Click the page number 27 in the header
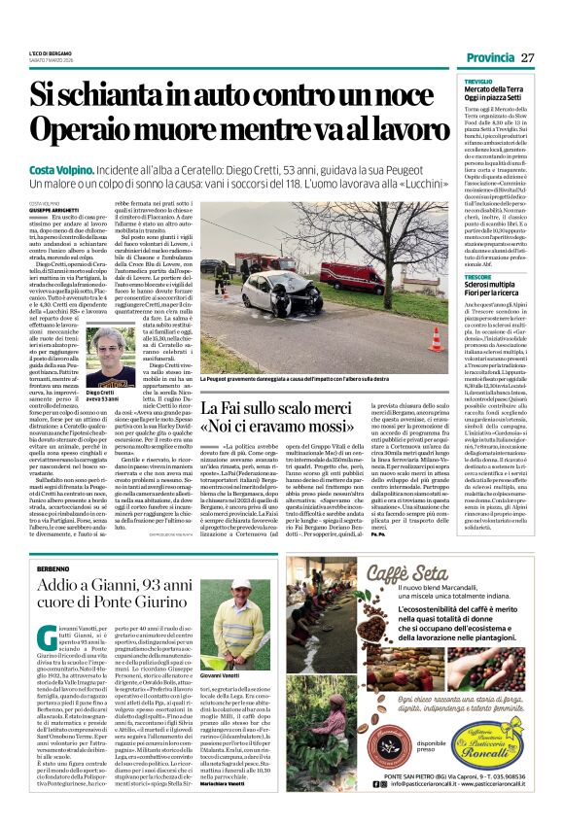click(528, 57)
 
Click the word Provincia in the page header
click(489, 57)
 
